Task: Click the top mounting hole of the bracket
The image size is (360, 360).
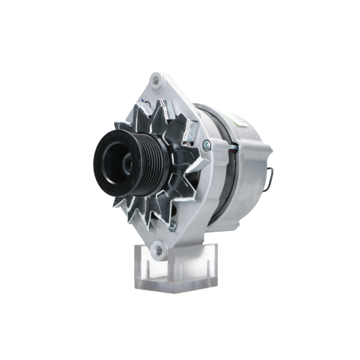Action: point(156,80)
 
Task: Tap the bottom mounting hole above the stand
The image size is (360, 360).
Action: point(158,248)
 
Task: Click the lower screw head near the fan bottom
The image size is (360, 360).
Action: point(173,225)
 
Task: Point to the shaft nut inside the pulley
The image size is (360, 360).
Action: point(127,164)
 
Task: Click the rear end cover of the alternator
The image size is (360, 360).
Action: point(252,173)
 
